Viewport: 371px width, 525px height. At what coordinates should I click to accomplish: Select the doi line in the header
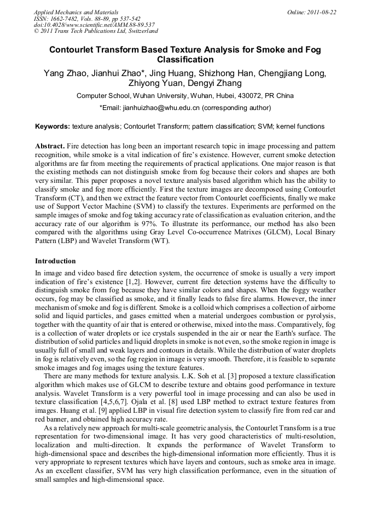pyautogui.click(x=94, y=25)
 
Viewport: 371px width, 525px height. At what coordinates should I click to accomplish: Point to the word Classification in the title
pyautogui.click(x=185, y=60)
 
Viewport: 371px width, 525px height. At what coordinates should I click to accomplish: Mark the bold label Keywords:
pyautogui.click(x=53, y=126)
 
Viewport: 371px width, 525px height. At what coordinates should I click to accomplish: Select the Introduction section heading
pyautogui.click(x=55, y=261)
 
